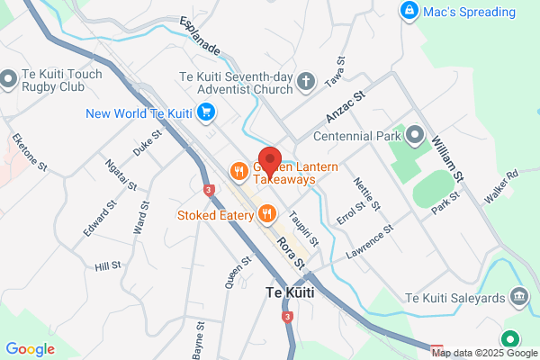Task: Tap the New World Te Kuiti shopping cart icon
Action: click(207, 112)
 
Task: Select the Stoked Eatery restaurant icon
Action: click(266, 214)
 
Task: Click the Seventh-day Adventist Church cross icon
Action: click(306, 81)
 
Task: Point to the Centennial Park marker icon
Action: click(415, 137)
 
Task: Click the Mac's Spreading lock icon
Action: click(409, 11)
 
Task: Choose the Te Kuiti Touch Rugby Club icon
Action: click(9, 79)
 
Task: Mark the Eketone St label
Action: click(29, 150)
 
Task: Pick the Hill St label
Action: click(107, 266)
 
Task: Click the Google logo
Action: click(30, 348)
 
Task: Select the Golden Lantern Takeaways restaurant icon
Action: click(238, 170)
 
